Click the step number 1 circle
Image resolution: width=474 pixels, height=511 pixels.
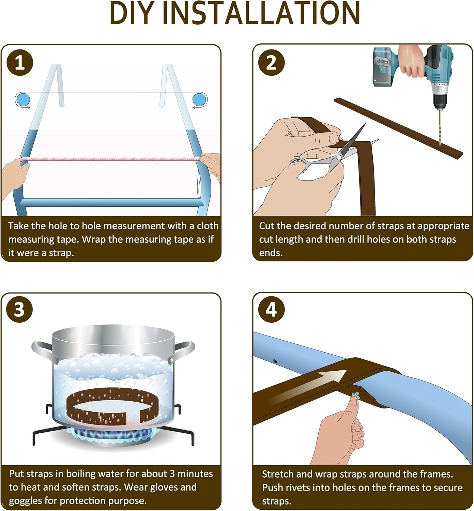click(19, 63)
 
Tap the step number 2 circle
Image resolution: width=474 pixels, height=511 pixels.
click(271, 63)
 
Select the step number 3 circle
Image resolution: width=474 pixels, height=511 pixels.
click(19, 309)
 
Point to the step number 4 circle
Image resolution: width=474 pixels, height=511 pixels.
click(271, 309)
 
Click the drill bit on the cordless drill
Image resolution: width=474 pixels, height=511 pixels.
click(440, 129)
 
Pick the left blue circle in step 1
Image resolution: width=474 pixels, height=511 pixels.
click(22, 100)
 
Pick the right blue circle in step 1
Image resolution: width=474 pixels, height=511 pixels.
click(199, 100)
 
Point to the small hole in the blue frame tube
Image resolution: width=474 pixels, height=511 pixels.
click(275, 361)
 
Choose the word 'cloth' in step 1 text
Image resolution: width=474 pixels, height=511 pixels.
click(208, 226)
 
